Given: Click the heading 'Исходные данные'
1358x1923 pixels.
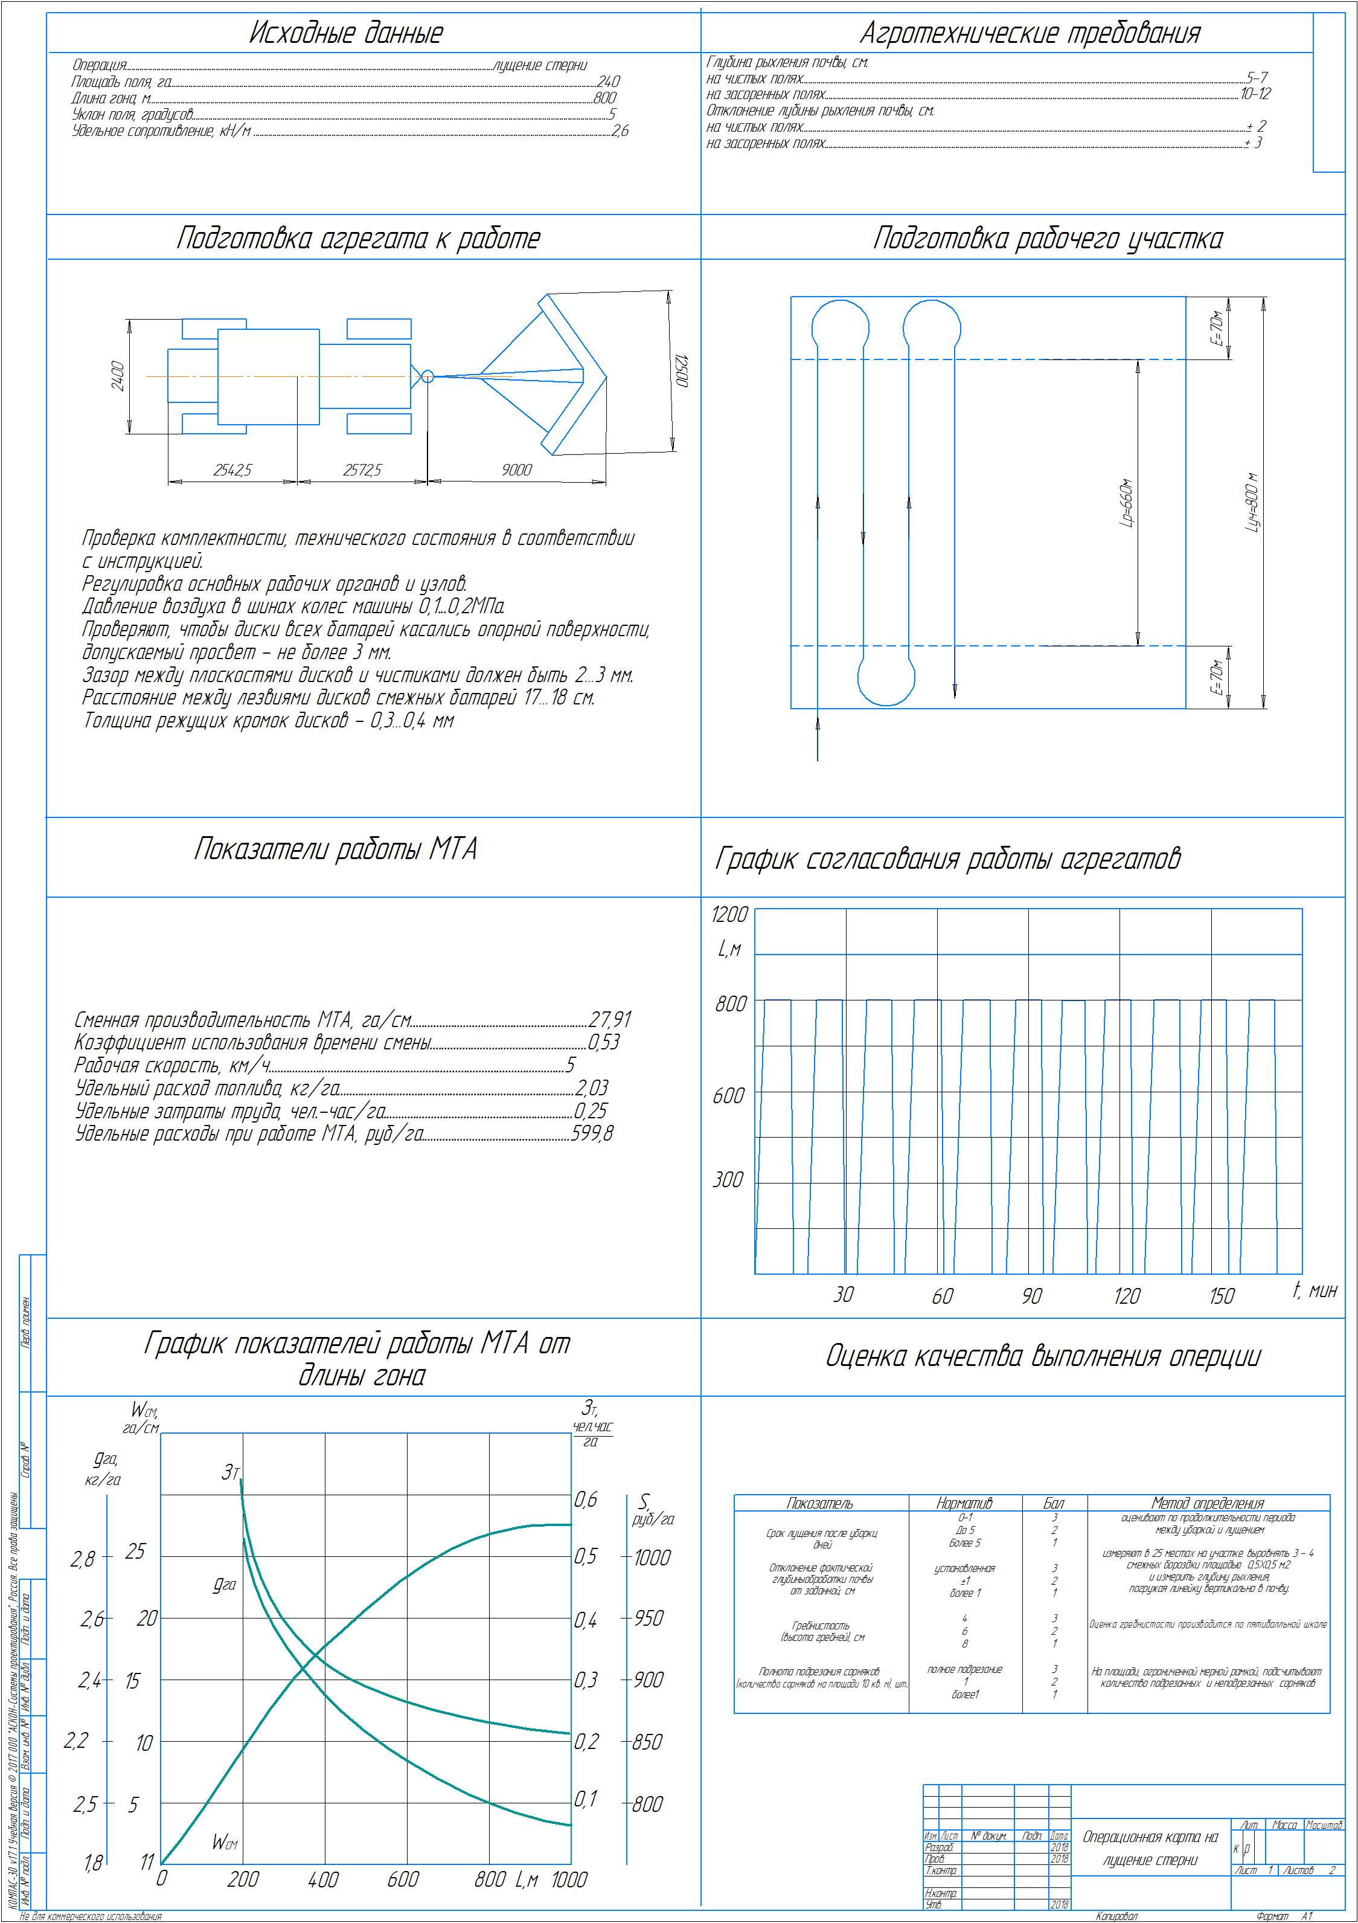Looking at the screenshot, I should tap(346, 33).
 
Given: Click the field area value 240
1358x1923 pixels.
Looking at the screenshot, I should tap(608, 82).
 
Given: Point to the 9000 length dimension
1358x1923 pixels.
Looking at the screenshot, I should tap(517, 470).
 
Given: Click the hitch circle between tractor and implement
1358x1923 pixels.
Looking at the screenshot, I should tap(427, 376).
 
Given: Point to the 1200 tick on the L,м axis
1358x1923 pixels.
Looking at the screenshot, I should tap(728, 915).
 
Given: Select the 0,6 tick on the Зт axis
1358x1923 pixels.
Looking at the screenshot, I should tap(586, 1499).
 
